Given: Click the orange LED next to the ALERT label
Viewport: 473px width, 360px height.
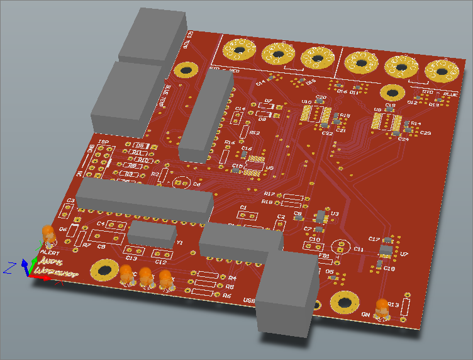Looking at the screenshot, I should pyautogui.click(x=48, y=234).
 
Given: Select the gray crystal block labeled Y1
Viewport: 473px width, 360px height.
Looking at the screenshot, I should pyautogui.click(x=152, y=233).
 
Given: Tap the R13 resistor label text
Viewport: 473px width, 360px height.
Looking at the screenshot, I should pyautogui.click(x=394, y=305).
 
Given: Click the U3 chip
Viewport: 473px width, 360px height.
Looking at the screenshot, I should pyautogui.click(x=321, y=216).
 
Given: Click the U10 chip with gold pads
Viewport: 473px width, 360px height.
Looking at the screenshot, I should pyautogui.click(x=313, y=113).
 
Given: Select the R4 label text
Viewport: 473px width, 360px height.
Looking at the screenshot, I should pyautogui.click(x=231, y=278).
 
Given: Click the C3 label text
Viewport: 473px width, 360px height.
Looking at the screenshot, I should pyautogui.click(x=71, y=201).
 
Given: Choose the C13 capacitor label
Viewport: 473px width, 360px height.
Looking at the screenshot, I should pyautogui.click(x=131, y=258).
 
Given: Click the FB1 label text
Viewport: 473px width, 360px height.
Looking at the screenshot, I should pyautogui.click(x=323, y=256).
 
